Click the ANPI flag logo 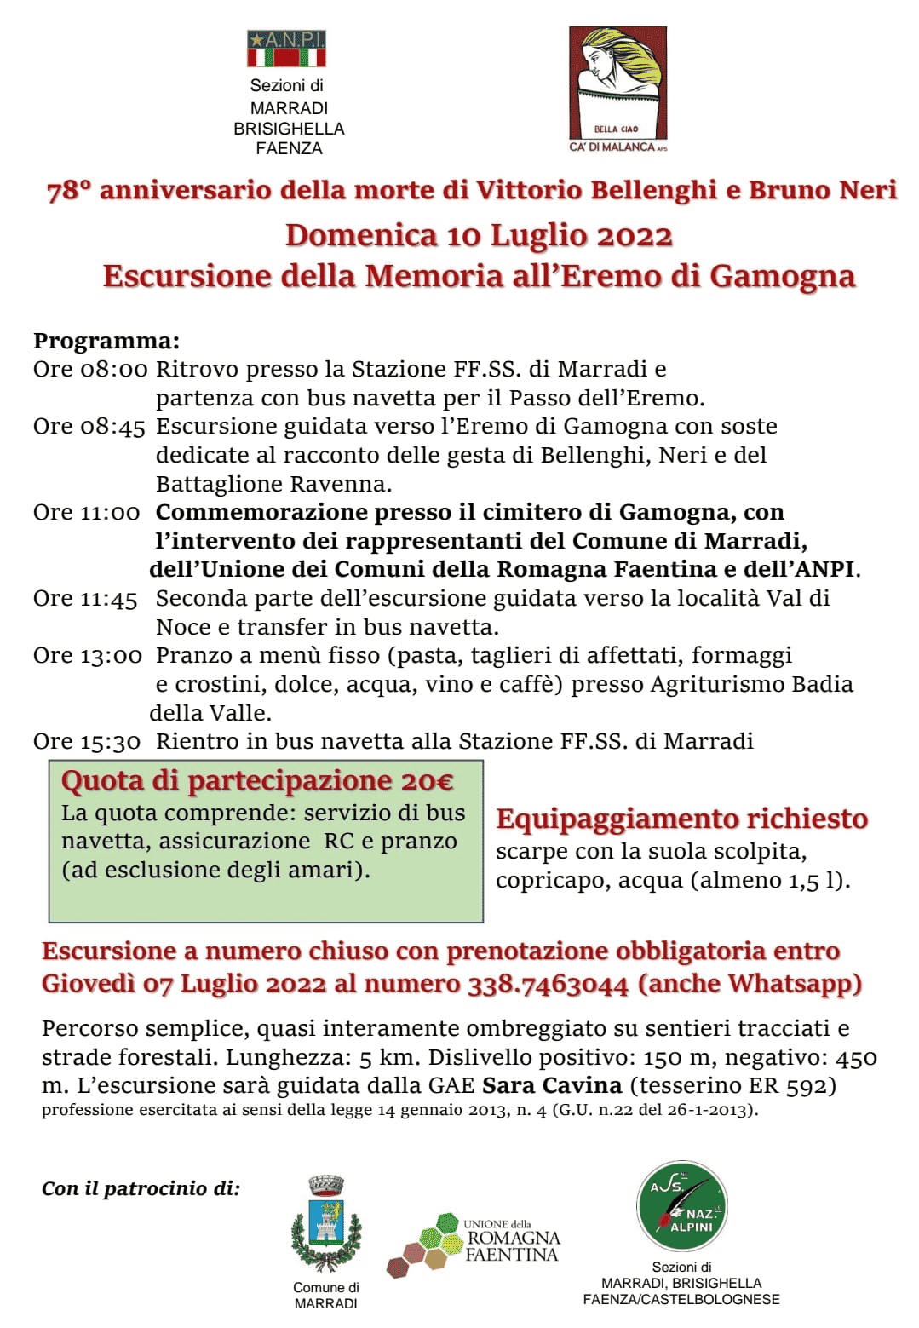click(286, 49)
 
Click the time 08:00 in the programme click(114, 370)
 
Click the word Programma click(106, 342)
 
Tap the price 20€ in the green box click(427, 781)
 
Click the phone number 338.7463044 click(548, 985)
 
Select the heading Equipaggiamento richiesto click(681, 819)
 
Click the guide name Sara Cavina click(552, 1086)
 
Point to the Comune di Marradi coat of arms click(325, 1224)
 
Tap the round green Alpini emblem click(682, 1205)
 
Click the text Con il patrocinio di click(141, 1189)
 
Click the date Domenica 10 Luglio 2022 click(479, 236)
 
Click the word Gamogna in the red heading click(782, 277)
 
